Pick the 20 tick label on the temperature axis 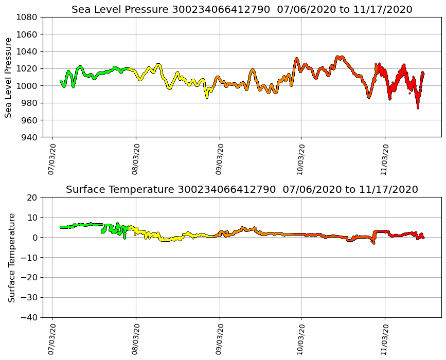click(32, 197)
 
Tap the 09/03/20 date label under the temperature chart click(220, 340)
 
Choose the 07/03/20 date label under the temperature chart click(51, 340)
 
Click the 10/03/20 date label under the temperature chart click(301, 340)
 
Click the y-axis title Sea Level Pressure click(8, 77)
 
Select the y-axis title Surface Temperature click(11, 258)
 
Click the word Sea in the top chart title click(81, 10)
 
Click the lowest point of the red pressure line click(418, 107)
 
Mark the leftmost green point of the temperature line click(61, 227)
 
